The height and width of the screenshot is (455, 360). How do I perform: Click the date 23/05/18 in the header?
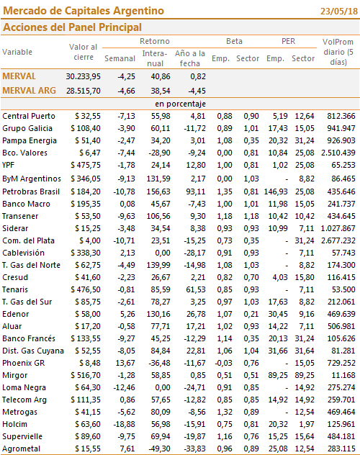(339, 12)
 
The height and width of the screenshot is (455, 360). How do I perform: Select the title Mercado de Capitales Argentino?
(84, 11)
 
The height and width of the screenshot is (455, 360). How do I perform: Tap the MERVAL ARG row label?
(29, 91)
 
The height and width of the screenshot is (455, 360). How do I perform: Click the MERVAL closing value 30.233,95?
(84, 76)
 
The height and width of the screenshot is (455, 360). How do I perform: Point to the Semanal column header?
(120, 58)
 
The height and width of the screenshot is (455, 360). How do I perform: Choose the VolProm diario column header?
(338, 52)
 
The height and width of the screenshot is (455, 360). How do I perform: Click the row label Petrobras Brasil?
(31, 192)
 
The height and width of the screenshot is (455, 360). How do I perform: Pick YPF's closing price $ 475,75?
(86, 165)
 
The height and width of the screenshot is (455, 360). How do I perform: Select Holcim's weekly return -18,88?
(124, 424)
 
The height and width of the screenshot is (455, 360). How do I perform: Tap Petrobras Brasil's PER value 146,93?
(276, 192)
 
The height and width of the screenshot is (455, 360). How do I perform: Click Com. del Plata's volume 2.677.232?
(338, 240)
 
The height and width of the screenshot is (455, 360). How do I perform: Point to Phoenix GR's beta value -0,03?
(223, 363)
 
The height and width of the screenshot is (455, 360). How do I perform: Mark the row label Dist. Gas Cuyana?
(33, 351)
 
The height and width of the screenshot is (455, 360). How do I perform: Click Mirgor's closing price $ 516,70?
(86, 375)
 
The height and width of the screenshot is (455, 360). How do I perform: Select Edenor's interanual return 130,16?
(161, 314)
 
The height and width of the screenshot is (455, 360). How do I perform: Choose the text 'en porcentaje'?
(180, 104)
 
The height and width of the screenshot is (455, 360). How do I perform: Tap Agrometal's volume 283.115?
(341, 449)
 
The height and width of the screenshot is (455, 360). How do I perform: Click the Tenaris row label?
(15, 289)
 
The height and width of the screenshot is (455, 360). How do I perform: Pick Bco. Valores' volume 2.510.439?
(338, 153)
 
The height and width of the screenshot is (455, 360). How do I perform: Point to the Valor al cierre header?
(84, 52)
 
